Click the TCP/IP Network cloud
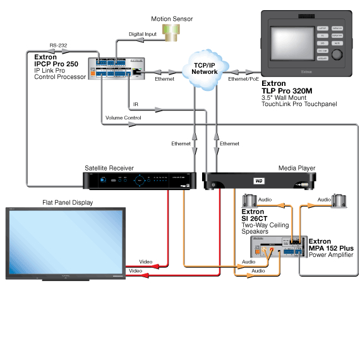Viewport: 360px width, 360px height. pyautogui.click(x=205, y=68)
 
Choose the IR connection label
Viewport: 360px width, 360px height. pyautogui.click(x=136, y=104)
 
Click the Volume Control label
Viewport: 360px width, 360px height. pyautogui.click(x=123, y=117)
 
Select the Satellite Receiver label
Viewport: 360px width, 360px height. pyautogui.click(x=109, y=169)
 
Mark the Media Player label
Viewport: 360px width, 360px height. pyautogui.click(x=297, y=169)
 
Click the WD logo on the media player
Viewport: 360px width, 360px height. pyautogui.click(x=258, y=181)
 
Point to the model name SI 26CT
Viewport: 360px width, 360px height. pyautogui.click(x=259, y=219)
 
